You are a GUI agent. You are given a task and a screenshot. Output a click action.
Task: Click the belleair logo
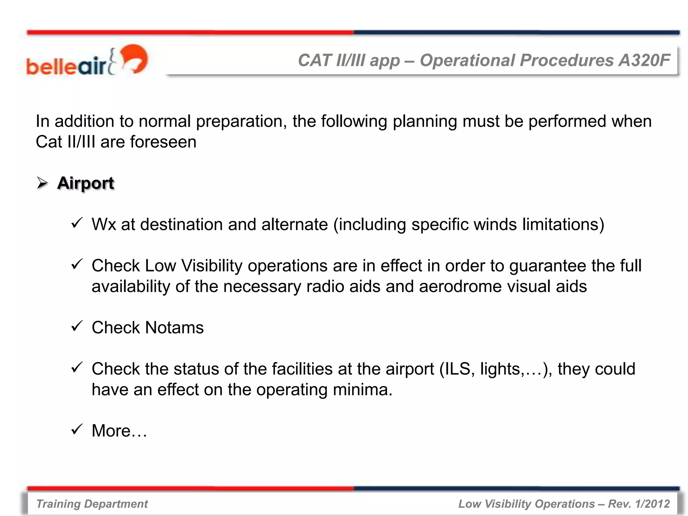87,60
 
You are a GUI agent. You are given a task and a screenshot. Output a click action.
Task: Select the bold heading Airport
86,183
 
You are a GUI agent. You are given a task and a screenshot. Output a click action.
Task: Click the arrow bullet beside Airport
42,183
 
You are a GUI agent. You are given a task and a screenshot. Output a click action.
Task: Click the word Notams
174,328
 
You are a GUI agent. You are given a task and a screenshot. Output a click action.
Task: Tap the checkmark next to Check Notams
77,326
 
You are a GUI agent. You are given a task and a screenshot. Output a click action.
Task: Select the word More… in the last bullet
119,431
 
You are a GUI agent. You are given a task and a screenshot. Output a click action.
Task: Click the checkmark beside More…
77,429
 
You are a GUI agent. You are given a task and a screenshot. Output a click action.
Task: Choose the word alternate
295,224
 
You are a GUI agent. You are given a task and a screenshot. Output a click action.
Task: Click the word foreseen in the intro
163,142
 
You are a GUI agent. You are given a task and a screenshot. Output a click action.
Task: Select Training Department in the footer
92,504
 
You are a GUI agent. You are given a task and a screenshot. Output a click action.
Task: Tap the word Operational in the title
467,60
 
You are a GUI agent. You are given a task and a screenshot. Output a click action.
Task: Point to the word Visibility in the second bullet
212,266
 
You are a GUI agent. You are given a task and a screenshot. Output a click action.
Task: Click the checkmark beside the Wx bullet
77,223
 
